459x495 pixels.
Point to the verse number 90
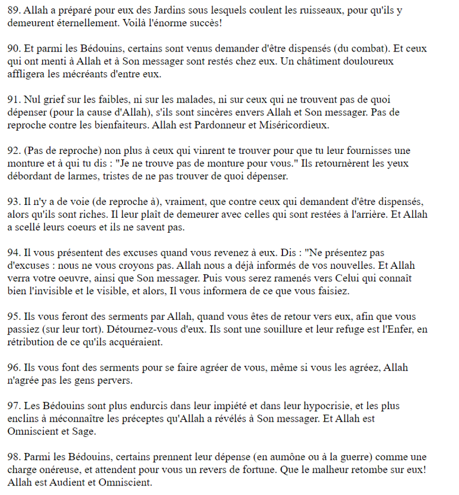[14, 49]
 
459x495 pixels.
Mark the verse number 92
[14, 150]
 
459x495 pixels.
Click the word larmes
[78, 176]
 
